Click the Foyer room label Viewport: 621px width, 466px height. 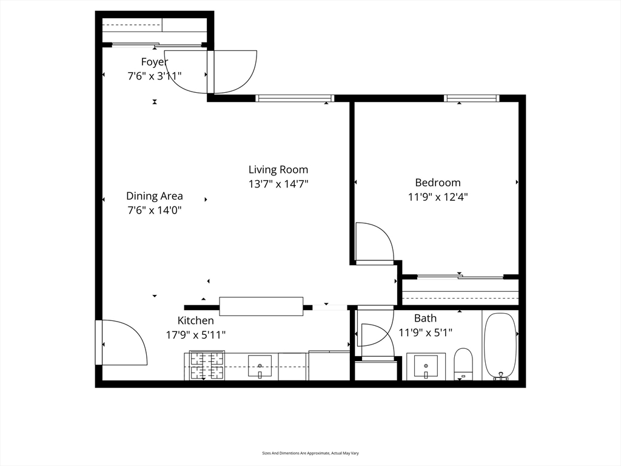point(155,62)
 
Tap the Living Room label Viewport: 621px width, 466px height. point(278,170)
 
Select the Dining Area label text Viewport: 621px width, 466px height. point(155,196)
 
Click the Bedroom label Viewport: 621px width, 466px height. point(438,183)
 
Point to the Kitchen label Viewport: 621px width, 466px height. point(196,320)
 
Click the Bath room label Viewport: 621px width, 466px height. point(425,318)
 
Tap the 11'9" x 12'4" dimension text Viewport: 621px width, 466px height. point(438,197)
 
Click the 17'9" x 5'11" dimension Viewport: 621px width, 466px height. point(196,335)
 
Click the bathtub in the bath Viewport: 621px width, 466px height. point(500,346)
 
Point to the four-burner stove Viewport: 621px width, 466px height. point(207,366)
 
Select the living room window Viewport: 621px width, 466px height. point(294,98)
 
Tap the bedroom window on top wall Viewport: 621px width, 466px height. point(471,98)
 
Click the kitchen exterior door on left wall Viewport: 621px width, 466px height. point(99,342)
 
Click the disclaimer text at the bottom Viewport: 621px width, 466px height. point(310,453)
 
